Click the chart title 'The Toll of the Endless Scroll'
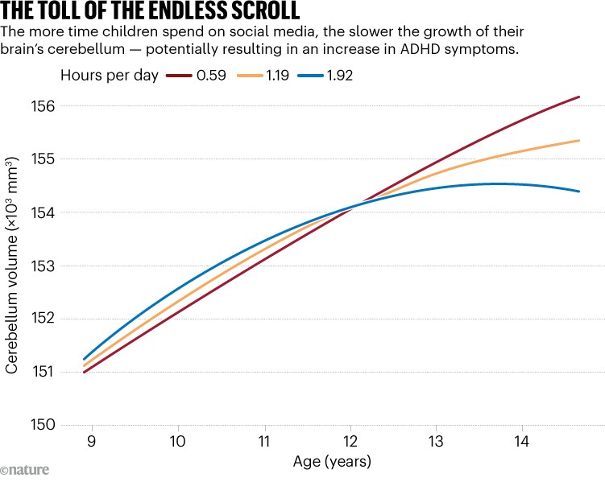pyautogui.click(x=151, y=12)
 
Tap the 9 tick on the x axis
pyautogui.click(x=92, y=442)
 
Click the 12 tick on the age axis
pyautogui.click(x=350, y=442)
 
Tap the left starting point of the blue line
pyautogui.click(x=84, y=359)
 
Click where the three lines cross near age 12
pyautogui.click(x=352, y=206)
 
